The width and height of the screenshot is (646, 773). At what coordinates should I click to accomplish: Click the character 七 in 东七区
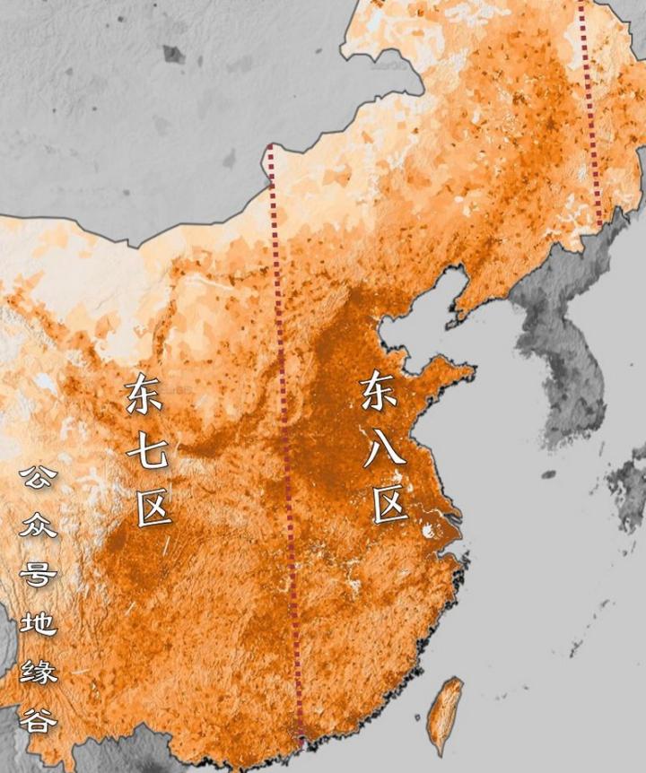147,454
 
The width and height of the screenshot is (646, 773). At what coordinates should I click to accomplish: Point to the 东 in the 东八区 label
380,392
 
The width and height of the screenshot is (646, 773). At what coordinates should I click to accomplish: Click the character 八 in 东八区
385,447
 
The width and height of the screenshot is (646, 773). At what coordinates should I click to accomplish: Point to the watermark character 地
38,621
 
